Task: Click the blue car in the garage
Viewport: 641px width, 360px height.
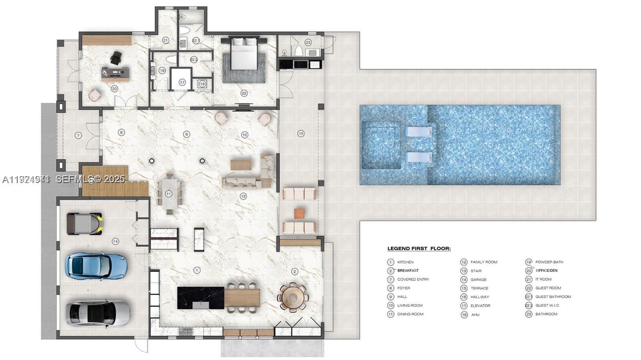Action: tap(96, 266)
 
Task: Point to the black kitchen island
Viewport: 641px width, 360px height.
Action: tap(200, 298)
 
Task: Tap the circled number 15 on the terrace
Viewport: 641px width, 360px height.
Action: tap(301, 134)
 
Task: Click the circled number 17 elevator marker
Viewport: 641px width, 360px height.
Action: tap(182, 82)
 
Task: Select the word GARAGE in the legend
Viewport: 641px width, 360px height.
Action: tap(478, 280)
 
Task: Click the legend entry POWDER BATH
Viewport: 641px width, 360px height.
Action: tap(549, 262)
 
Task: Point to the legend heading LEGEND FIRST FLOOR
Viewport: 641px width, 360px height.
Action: tap(419, 249)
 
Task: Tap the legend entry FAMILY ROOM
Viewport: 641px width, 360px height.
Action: tap(484, 262)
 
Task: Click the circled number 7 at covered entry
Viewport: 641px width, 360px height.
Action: tap(78, 135)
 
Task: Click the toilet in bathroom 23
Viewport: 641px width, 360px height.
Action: tap(298, 51)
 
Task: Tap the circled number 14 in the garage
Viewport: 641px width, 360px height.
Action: tap(115, 241)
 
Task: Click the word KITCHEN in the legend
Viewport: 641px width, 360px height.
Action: tap(405, 262)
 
